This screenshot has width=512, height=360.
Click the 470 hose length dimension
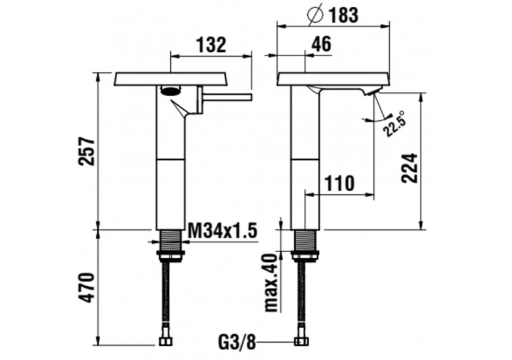click(88, 287)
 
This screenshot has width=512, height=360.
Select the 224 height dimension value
click(410, 166)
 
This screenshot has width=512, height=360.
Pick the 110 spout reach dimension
click(339, 183)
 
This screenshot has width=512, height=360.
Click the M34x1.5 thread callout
click(221, 232)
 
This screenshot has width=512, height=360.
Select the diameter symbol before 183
click(313, 15)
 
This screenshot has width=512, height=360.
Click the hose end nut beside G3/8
click(302, 341)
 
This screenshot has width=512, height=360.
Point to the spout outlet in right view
click(372, 92)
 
